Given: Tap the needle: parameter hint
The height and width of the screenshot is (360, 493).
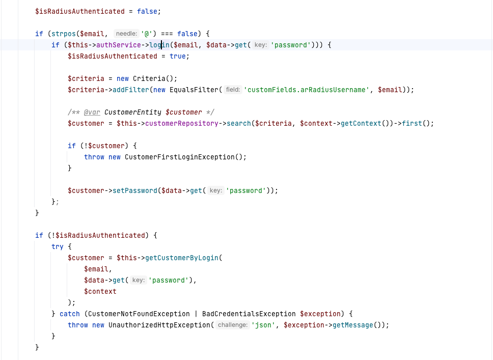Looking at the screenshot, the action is pos(126,34).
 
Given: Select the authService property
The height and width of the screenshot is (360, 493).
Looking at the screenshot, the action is pos(118,45).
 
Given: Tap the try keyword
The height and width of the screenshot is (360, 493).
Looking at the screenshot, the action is pos(58,246).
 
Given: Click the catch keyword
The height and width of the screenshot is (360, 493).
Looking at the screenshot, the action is pos(69,314).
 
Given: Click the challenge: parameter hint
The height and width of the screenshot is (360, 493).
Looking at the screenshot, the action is pos(232,325).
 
